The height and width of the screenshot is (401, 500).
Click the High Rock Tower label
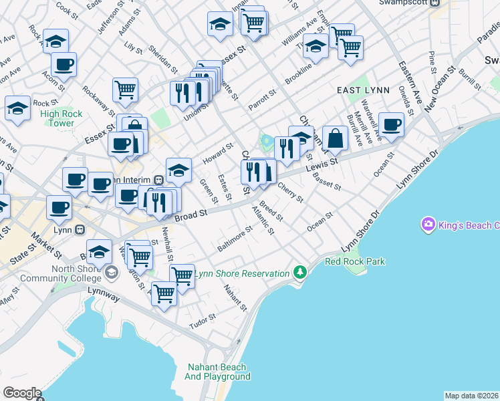(61, 118)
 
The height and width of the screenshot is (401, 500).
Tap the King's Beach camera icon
(428, 225)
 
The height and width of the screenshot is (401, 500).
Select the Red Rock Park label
(355, 261)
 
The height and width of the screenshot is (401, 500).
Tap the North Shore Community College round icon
(111, 272)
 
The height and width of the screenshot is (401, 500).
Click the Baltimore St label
(234, 239)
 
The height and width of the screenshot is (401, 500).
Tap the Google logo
(22, 393)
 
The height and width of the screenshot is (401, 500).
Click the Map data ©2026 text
(471, 396)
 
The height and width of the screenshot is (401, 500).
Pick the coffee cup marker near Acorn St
(64, 65)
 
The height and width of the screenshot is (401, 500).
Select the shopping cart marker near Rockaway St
(126, 90)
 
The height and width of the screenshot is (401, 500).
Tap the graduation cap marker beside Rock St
(17, 108)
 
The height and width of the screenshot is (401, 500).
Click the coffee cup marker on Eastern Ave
(391, 124)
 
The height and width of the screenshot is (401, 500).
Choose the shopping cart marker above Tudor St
(164, 293)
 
